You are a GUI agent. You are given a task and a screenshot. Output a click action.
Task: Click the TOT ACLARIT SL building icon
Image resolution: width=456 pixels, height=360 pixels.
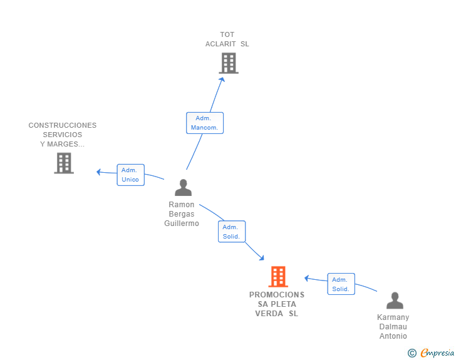tap(229, 63)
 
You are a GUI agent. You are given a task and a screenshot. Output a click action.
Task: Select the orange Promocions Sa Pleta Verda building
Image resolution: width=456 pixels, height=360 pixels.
tap(278, 277)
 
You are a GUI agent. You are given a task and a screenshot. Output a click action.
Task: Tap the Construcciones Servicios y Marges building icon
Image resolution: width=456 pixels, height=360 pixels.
tap(64, 163)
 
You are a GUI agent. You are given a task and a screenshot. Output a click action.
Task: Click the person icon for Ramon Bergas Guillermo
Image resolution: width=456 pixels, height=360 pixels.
tap(183, 188)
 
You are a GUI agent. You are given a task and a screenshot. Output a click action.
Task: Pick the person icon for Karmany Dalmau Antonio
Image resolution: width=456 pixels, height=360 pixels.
tap(395, 301)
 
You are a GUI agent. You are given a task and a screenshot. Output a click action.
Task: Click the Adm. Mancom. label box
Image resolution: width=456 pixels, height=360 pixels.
tap(205, 123)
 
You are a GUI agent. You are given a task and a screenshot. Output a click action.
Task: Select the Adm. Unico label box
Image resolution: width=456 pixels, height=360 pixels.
tap(130, 175)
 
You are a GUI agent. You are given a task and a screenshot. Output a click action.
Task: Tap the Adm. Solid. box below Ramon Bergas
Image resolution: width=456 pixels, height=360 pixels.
tap(232, 232)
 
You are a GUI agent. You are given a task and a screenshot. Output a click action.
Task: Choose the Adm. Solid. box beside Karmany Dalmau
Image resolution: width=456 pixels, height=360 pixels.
tap(341, 284)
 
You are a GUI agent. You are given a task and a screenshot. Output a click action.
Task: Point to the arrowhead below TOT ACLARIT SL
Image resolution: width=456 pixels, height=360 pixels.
tap(222, 80)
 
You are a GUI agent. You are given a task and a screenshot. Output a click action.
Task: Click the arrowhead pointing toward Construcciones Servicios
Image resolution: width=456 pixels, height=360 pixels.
tap(98, 172)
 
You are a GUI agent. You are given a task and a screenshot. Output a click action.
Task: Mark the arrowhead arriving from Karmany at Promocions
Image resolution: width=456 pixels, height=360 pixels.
tap(306, 278)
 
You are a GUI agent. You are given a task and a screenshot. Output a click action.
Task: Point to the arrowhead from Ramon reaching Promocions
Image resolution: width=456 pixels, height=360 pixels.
tap(262, 258)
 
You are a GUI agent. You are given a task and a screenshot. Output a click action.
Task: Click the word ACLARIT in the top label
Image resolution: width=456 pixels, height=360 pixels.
tap(220, 44)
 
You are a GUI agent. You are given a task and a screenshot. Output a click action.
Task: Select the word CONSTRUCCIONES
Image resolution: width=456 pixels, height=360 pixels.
tap(63, 125)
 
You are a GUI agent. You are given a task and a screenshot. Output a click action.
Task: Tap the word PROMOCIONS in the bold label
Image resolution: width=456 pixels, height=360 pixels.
tap(277, 295)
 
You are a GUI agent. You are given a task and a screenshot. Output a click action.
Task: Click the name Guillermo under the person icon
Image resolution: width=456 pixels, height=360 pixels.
tap(182, 224)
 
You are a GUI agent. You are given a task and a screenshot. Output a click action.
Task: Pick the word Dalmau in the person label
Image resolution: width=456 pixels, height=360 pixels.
tap(393, 327)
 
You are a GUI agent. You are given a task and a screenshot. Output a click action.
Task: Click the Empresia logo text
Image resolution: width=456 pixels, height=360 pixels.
tap(437, 353)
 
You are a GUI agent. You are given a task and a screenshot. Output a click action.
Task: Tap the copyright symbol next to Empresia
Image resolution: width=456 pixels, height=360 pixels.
tap(412, 353)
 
